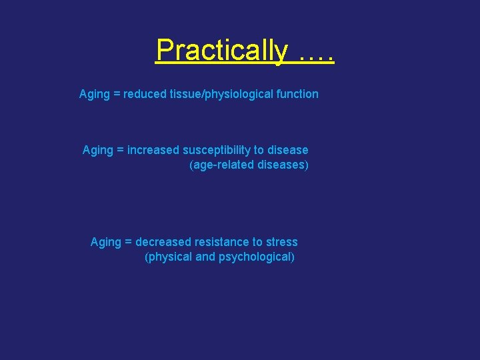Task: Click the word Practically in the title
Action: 221,50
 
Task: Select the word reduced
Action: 145,94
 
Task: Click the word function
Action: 297,94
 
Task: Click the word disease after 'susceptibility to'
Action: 287,150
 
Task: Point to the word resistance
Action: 219,242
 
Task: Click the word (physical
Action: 168,257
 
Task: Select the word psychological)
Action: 257,257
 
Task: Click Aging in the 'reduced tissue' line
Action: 94,94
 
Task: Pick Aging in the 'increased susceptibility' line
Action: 97,150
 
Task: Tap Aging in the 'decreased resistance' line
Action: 105,242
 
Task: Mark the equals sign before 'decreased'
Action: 128,243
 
